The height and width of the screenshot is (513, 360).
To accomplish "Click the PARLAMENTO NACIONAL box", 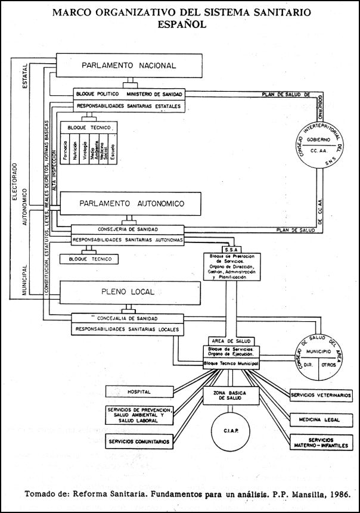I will pos(129,66).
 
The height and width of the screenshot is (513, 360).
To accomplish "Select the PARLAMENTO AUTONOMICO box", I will pos(132,204).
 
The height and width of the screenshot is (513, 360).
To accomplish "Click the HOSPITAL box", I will pos(138,392).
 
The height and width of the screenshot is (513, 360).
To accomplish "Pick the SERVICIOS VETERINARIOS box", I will pos(321,395).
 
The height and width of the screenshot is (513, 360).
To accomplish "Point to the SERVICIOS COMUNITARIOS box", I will pos(138,442).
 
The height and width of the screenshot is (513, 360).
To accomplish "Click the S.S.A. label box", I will pos(232,249).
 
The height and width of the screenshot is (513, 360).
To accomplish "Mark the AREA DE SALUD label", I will pos(232,341).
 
